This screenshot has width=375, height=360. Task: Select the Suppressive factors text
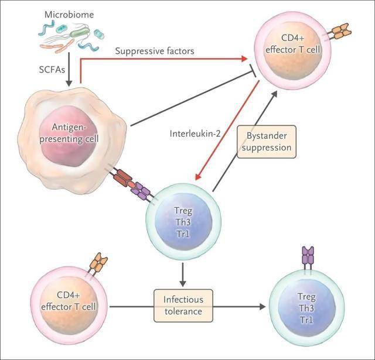click(155, 52)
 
